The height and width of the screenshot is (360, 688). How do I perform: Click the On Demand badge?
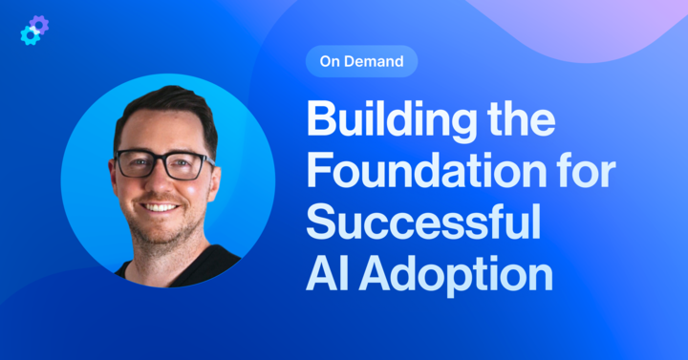click(x=361, y=62)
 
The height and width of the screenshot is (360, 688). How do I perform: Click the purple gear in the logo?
click(x=39, y=24)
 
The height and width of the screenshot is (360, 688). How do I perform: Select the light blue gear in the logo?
click(x=30, y=35)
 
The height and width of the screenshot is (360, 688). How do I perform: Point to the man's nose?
click(x=163, y=184)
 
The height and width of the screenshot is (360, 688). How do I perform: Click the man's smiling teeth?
click(x=161, y=207)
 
